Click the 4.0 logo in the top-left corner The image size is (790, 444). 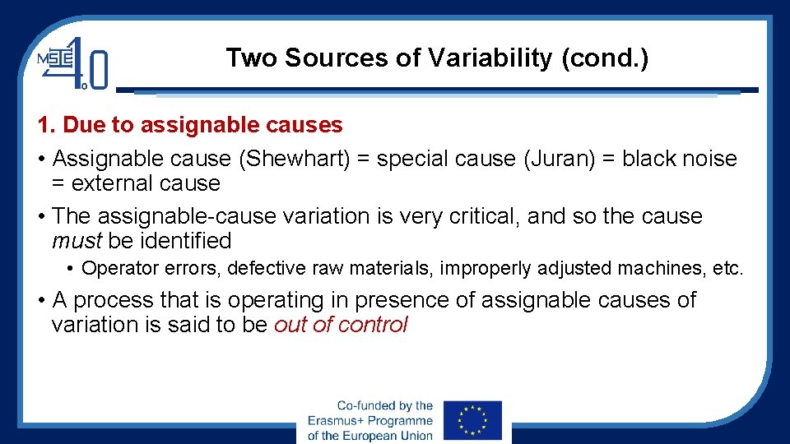pyautogui.click(x=74, y=62)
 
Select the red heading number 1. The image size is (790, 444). pyautogui.click(x=44, y=125)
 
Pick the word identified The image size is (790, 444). pyautogui.click(x=184, y=241)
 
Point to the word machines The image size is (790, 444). pyautogui.click(x=667, y=268)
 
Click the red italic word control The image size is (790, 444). pyautogui.click(x=375, y=325)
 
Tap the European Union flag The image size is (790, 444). pyautogui.click(x=472, y=420)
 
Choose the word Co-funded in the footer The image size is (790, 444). pyautogui.click(x=363, y=406)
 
